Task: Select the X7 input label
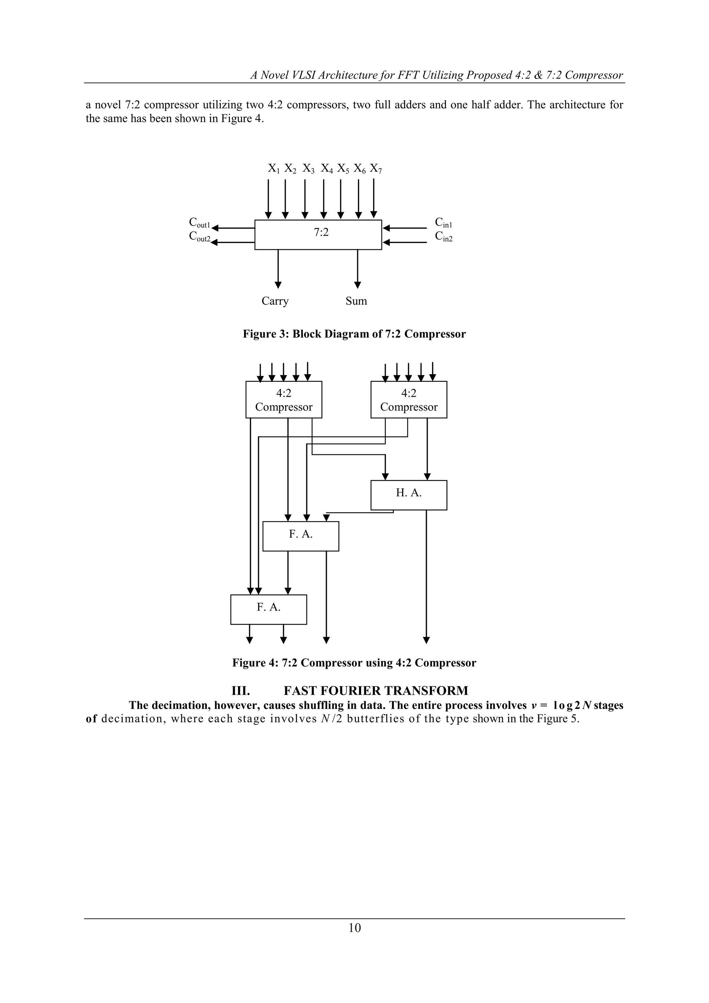(376, 169)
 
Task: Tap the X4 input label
(326, 169)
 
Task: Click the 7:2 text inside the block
(321, 233)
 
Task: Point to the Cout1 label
(199, 223)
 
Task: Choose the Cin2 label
(443, 237)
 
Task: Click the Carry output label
(275, 301)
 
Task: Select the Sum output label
(356, 301)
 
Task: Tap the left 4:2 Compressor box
(284, 400)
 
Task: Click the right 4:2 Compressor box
(409, 400)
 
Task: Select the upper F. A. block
(301, 536)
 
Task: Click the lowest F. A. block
(269, 609)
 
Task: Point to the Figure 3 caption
(354, 334)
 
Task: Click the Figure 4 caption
(354, 663)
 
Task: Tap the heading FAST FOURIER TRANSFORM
(376, 690)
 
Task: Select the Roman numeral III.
(241, 690)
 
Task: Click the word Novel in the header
(276, 75)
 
